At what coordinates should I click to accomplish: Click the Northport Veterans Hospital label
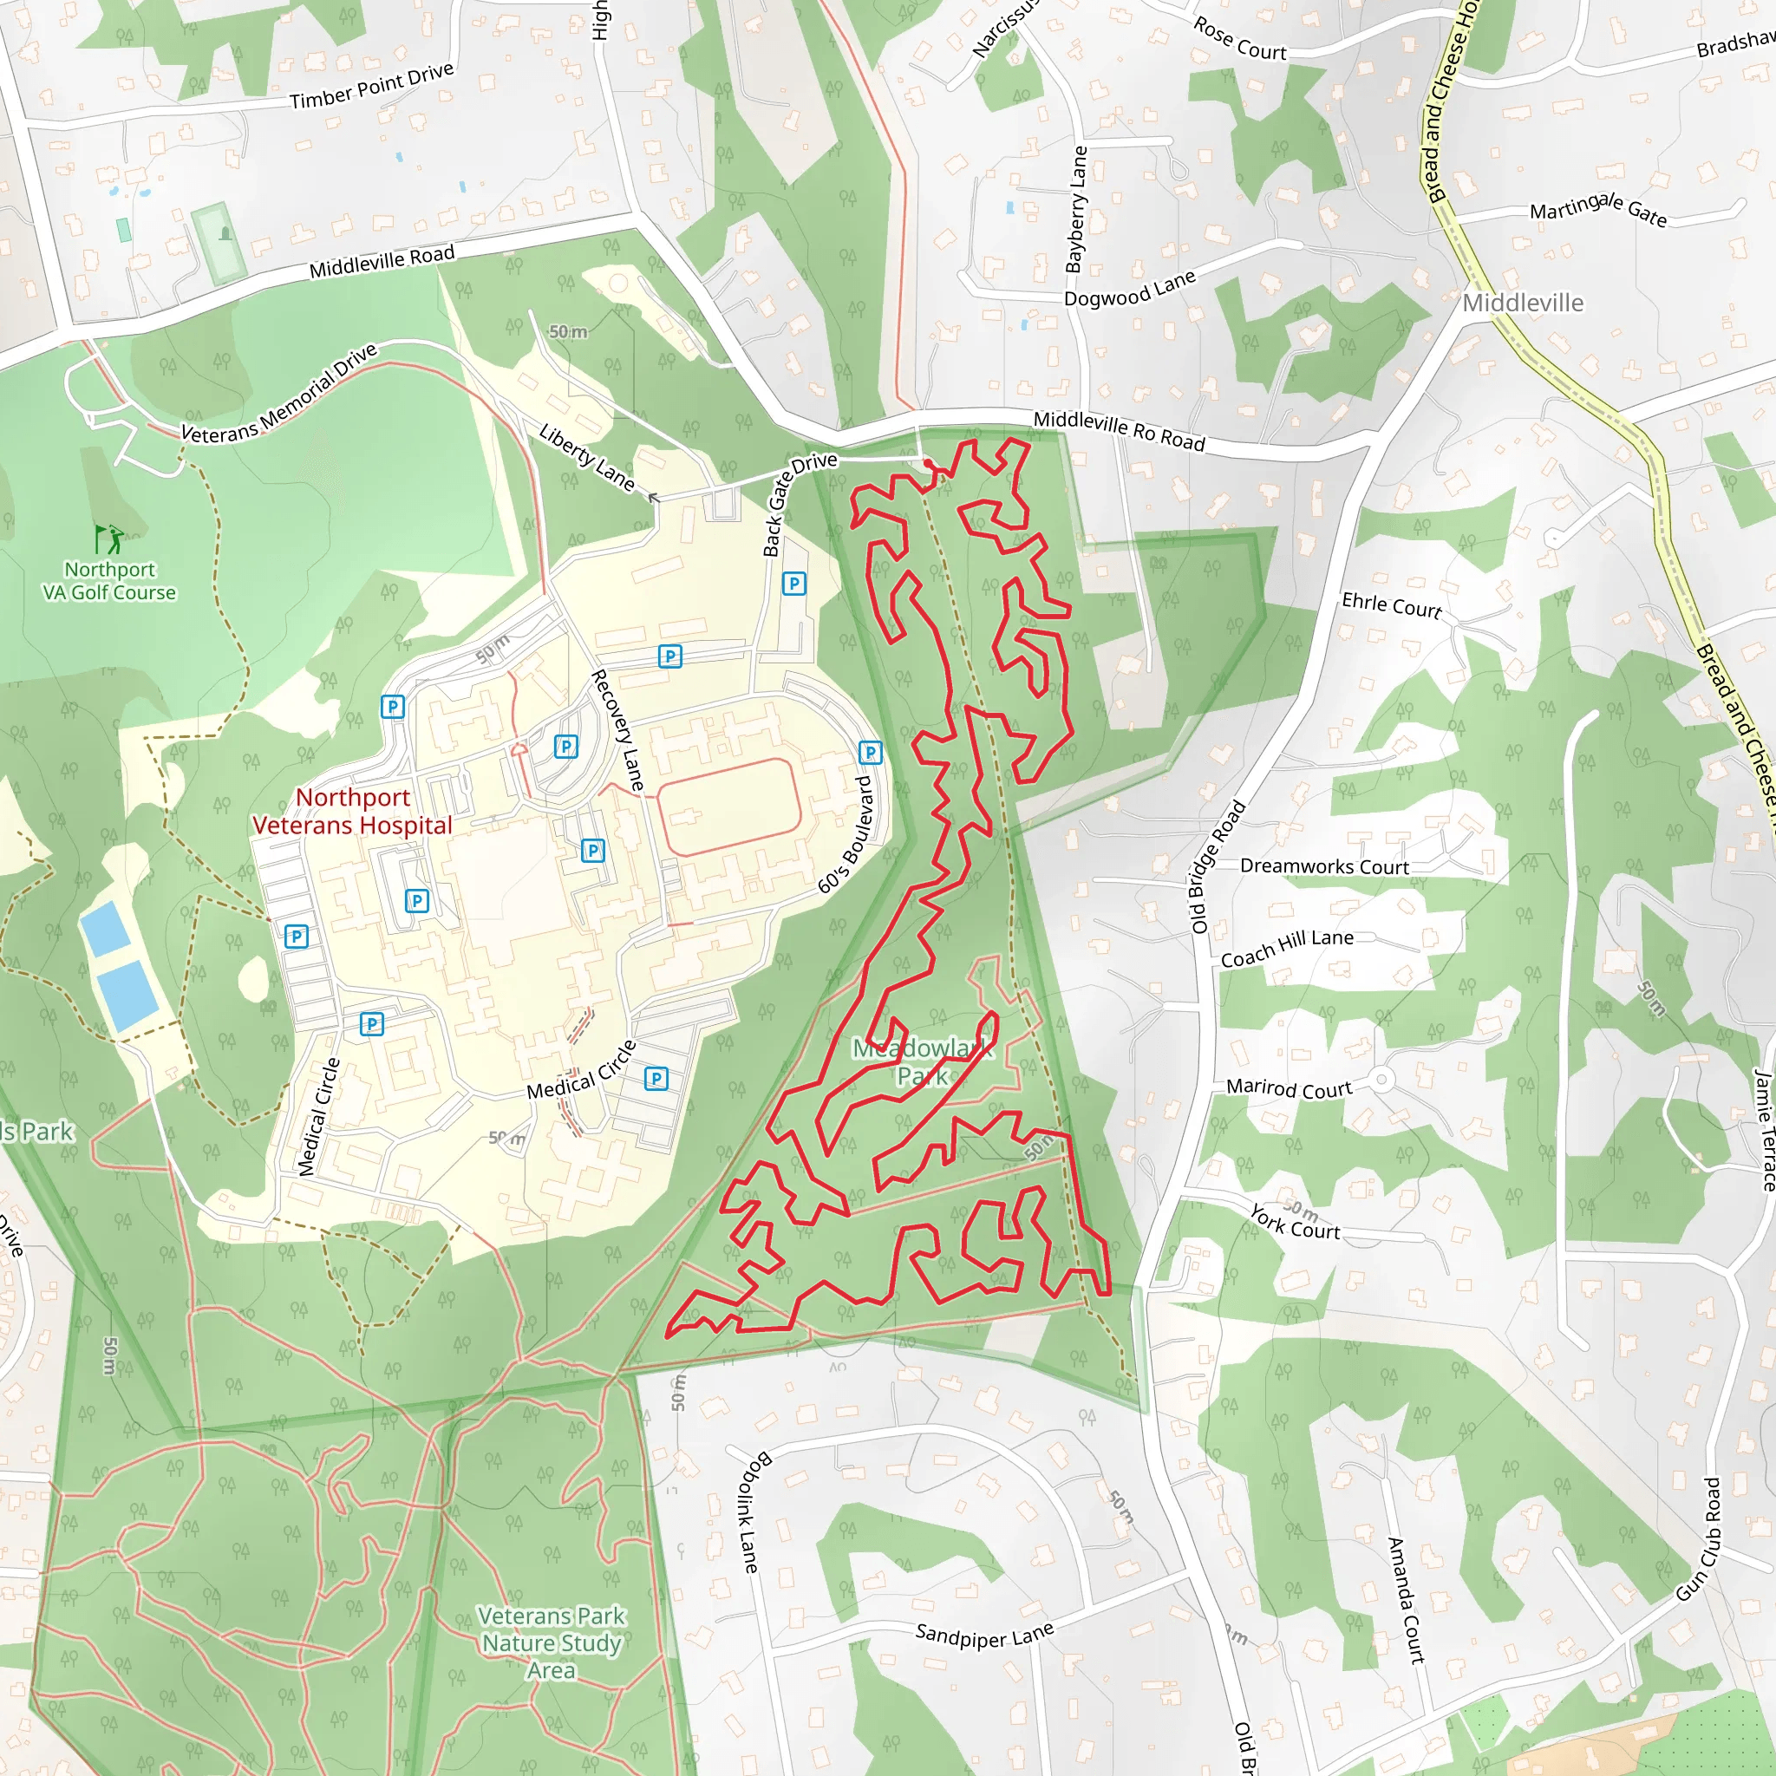pos(352,811)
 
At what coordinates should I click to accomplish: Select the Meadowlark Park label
pos(922,1061)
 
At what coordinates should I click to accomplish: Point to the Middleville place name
pos(1522,303)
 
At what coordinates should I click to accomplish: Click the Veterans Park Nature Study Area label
pos(552,1642)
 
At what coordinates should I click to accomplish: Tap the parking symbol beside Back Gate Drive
pos(793,583)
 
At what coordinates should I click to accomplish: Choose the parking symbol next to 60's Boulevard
pos(870,753)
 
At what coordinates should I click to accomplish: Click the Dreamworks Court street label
pos(1323,866)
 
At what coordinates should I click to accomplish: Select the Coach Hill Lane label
pos(1287,948)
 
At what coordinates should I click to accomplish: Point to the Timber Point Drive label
pos(371,87)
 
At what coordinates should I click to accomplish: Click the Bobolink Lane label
pos(748,1512)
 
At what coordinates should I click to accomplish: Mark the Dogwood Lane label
pos(1129,289)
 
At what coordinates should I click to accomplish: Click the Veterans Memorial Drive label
pos(278,394)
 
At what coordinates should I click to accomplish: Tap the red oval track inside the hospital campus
pos(729,807)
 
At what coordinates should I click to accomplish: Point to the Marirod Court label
pos(1289,1088)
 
